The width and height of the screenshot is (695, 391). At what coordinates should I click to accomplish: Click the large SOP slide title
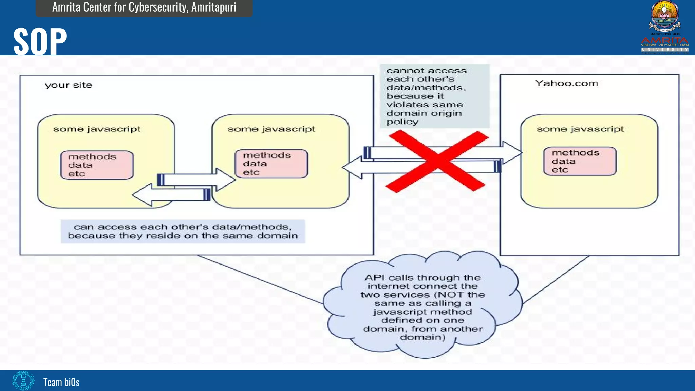coord(40,41)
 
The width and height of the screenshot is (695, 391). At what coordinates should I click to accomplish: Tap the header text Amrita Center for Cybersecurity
coord(144,7)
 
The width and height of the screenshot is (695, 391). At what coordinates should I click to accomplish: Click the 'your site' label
coord(69,85)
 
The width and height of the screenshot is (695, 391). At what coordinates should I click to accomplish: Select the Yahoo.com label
coord(566,83)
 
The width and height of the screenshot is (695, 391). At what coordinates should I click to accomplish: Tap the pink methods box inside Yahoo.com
coord(580,161)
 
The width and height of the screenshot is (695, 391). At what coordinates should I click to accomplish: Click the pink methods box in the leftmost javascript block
coord(97,165)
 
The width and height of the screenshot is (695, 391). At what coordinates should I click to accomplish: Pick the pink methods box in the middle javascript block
coord(271,164)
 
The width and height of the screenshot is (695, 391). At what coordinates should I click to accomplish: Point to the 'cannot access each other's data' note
coord(434,96)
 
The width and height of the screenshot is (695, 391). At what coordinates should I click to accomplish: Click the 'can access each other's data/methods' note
coord(183,231)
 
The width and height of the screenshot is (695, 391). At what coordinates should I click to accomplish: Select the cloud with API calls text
coord(422,307)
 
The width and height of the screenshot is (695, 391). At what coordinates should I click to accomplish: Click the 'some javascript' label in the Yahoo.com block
coord(580,129)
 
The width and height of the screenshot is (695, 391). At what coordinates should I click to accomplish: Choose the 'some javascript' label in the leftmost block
coord(97,129)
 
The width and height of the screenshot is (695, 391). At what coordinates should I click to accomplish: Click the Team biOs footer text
coord(61,382)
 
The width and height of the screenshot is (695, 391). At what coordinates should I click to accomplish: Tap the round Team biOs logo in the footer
coord(23,381)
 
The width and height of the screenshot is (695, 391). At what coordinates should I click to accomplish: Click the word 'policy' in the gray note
coord(402,122)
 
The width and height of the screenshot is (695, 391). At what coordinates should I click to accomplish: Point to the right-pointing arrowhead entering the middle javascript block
coord(226,180)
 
